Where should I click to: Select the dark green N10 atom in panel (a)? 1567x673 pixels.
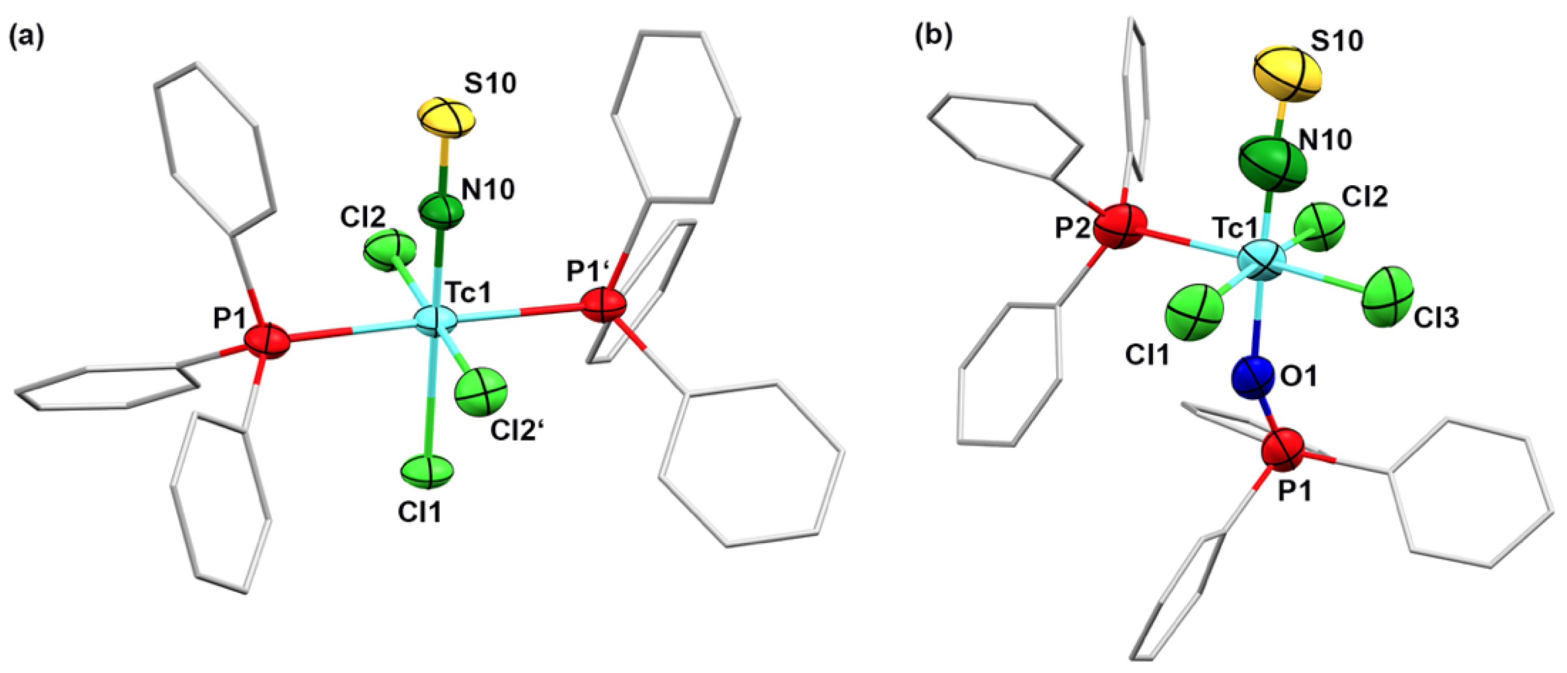pyautogui.click(x=441, y=211)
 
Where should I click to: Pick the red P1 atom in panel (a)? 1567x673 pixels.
pyautogui.click(x=266, y=342)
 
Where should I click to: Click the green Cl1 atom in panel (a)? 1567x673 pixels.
pyautogui.click(x=427, y=471)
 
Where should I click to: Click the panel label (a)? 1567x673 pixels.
pyautogui.click(x=26, y=38)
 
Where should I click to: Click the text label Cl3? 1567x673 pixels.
pyautogui.click(x=1436, y=318)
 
